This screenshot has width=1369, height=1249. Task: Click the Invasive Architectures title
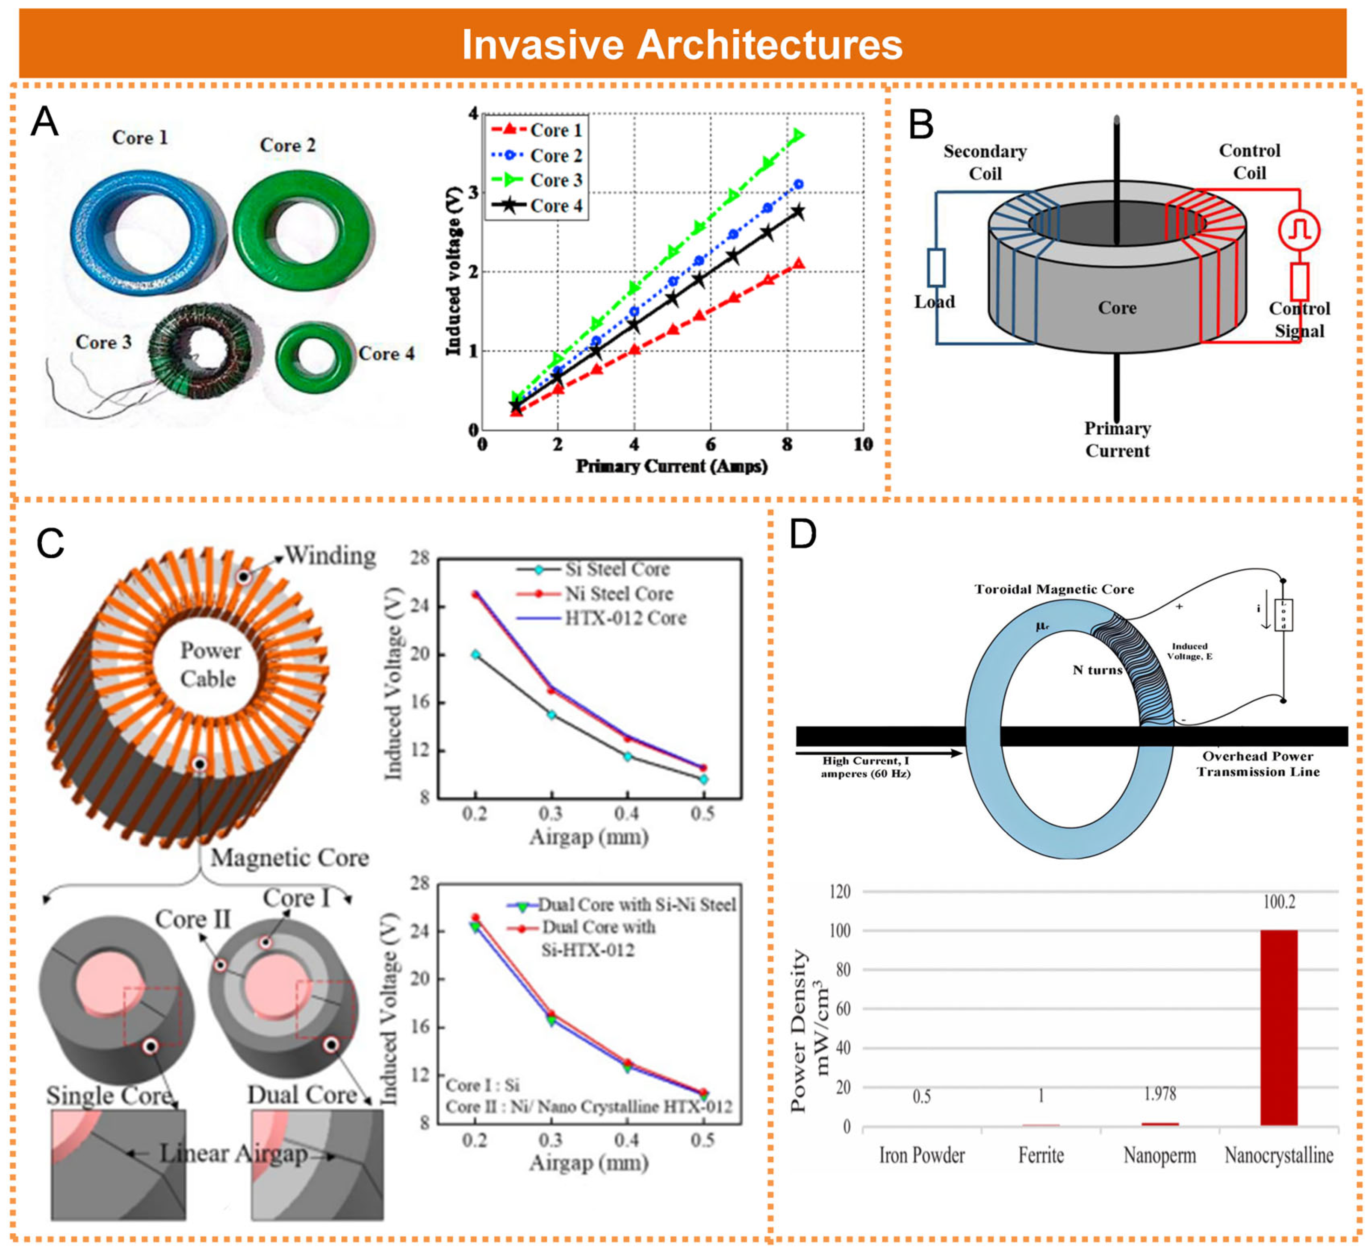(682, 45)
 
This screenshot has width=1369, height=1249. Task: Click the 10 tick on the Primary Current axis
(862, 445)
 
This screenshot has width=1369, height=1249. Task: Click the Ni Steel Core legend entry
(618, 594)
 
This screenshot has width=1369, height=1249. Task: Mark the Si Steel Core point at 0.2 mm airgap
(475, 654)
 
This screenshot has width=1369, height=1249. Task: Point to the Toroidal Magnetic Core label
(1054, 589)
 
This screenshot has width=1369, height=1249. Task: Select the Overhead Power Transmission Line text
(1258, 764)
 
